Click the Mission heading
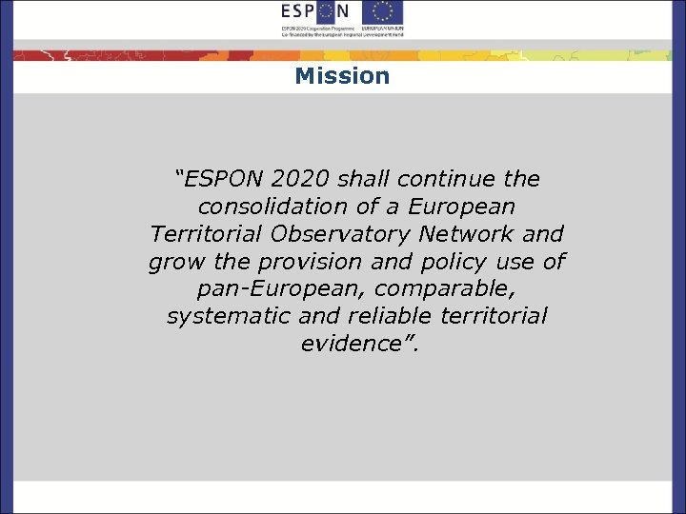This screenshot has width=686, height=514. click(x=342, y=76)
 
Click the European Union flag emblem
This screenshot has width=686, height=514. click(x=382, y=12)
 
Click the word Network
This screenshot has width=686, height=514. click(x=472, y=234)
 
